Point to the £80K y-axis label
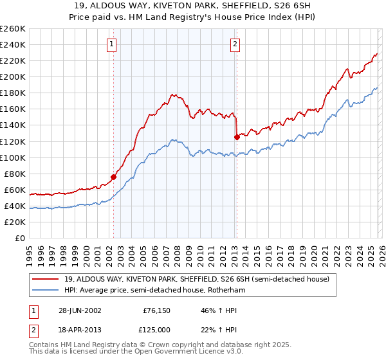tap(15, 174)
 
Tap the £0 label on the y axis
tap(20, 238)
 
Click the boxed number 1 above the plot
tap(113, 44)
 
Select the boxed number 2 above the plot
tap(235, 44)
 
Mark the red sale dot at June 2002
tap(114, 177)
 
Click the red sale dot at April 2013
tap(237, 137)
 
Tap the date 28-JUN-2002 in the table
tap(80, 310)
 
